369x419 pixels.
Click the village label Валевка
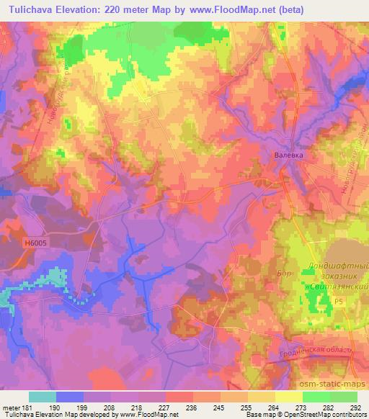(x=290, y=153)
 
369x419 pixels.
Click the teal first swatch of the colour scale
(x=43, y=397)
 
